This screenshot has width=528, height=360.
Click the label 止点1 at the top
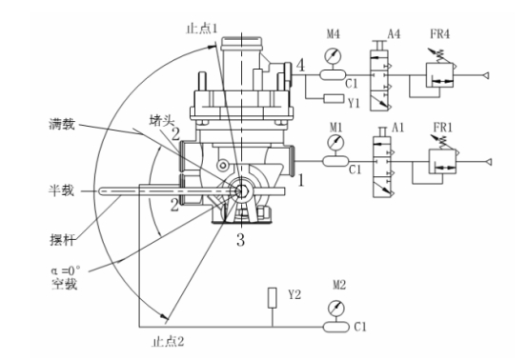202,29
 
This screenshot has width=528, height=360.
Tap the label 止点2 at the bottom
168,342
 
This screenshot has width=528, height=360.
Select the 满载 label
62,124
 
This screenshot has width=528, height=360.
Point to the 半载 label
61,190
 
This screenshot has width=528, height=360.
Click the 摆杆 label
62,240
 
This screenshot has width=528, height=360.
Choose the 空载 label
64,285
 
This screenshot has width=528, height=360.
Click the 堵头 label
161,120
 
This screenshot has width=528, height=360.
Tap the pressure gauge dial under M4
333,56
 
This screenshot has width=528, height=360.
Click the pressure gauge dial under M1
335,143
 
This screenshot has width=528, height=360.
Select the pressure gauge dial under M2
336,309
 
